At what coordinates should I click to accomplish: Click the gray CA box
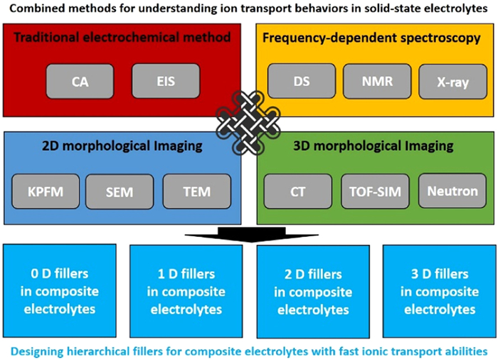pos(80,81)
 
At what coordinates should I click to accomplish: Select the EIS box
pos(165,81)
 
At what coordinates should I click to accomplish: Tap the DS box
pos(302,82)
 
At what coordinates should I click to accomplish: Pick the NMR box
pos(377,82)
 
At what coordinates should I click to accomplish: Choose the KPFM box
pos(44,191)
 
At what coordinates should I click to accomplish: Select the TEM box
pos(197,191)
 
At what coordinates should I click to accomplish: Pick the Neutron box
pos(452,191)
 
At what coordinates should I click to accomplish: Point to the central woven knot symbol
pos(250,122)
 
